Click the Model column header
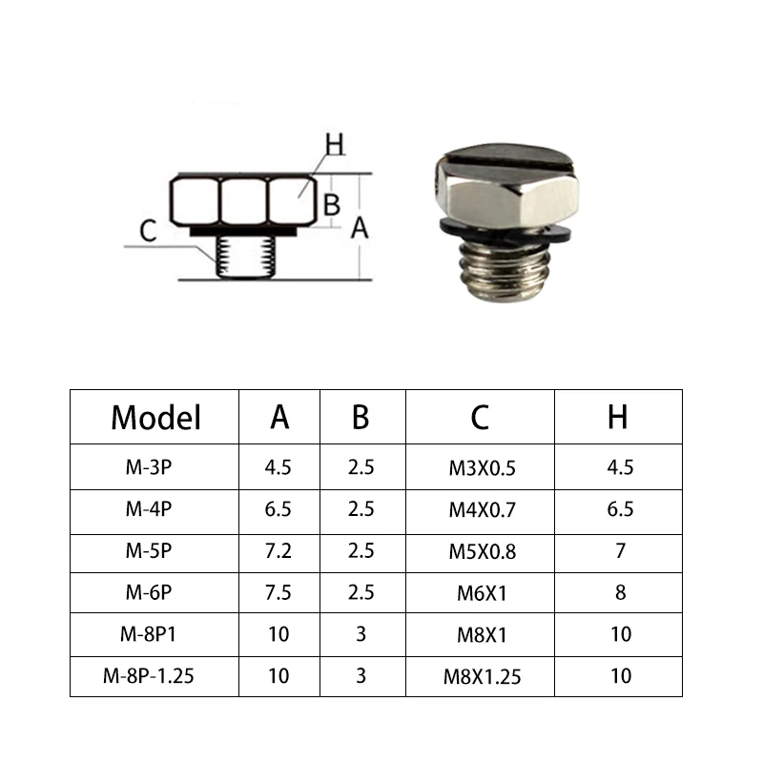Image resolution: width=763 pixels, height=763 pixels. [155, 417]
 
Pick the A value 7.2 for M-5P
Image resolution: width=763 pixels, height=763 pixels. [278, 551]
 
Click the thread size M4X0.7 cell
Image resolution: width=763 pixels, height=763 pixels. [482, 510]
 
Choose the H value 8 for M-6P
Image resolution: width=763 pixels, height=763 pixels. [621, 593]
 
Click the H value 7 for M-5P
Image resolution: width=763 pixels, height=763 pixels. [621, 551]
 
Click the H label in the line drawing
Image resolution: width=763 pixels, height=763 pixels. [334, 145]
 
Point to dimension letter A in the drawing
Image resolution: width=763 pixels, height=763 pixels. [360, 227]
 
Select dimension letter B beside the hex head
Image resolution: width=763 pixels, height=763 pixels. [331, 204]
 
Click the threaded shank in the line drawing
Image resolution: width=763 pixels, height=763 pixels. [243, 257]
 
